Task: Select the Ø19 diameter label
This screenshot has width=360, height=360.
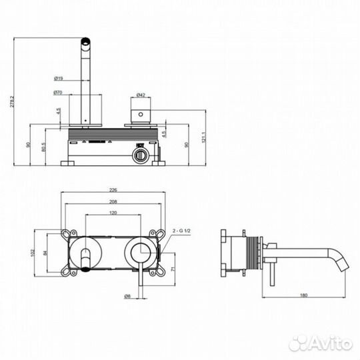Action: click(59, 79)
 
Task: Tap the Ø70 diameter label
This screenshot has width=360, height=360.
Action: click(59, 93)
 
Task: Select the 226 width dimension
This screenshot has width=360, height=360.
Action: click(113, 189)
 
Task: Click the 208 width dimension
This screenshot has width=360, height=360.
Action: click(113, 201)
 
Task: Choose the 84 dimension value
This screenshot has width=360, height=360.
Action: click(45, 253)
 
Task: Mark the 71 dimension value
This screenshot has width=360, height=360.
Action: click(173, 269)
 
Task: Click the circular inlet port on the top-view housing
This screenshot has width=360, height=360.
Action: click(139, 156)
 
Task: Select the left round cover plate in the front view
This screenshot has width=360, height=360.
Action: click(86, 253)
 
